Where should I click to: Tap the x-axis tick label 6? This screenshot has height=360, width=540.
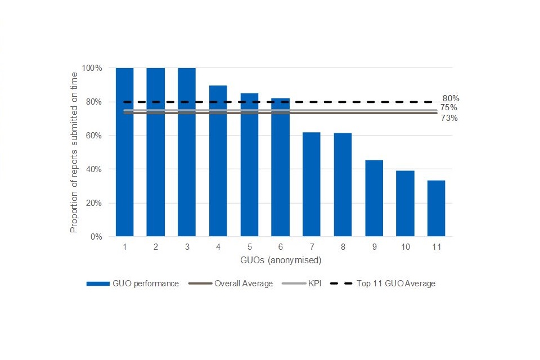tap(280, 246)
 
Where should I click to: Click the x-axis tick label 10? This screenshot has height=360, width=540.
tap(405, 246)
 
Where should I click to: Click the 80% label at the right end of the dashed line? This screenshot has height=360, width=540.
tap(451, 98)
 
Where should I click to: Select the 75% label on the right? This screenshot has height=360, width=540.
tap(448, 107)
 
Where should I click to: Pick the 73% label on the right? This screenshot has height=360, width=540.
tap(449, 118)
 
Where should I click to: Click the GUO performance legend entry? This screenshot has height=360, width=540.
tap(133, 283)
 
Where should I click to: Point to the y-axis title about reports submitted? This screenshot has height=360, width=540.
tap(74, 152)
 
